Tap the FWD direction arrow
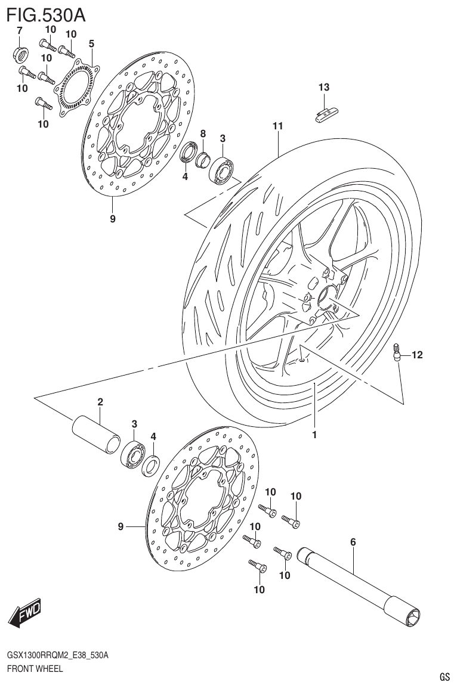pos(25,612)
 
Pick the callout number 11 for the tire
pos(277,126)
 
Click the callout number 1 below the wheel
pos(314,435)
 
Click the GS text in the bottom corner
pos(444,677)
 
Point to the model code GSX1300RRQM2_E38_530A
pos(57,656)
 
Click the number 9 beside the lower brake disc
pos(121,526)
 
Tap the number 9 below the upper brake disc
pos(112,219)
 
